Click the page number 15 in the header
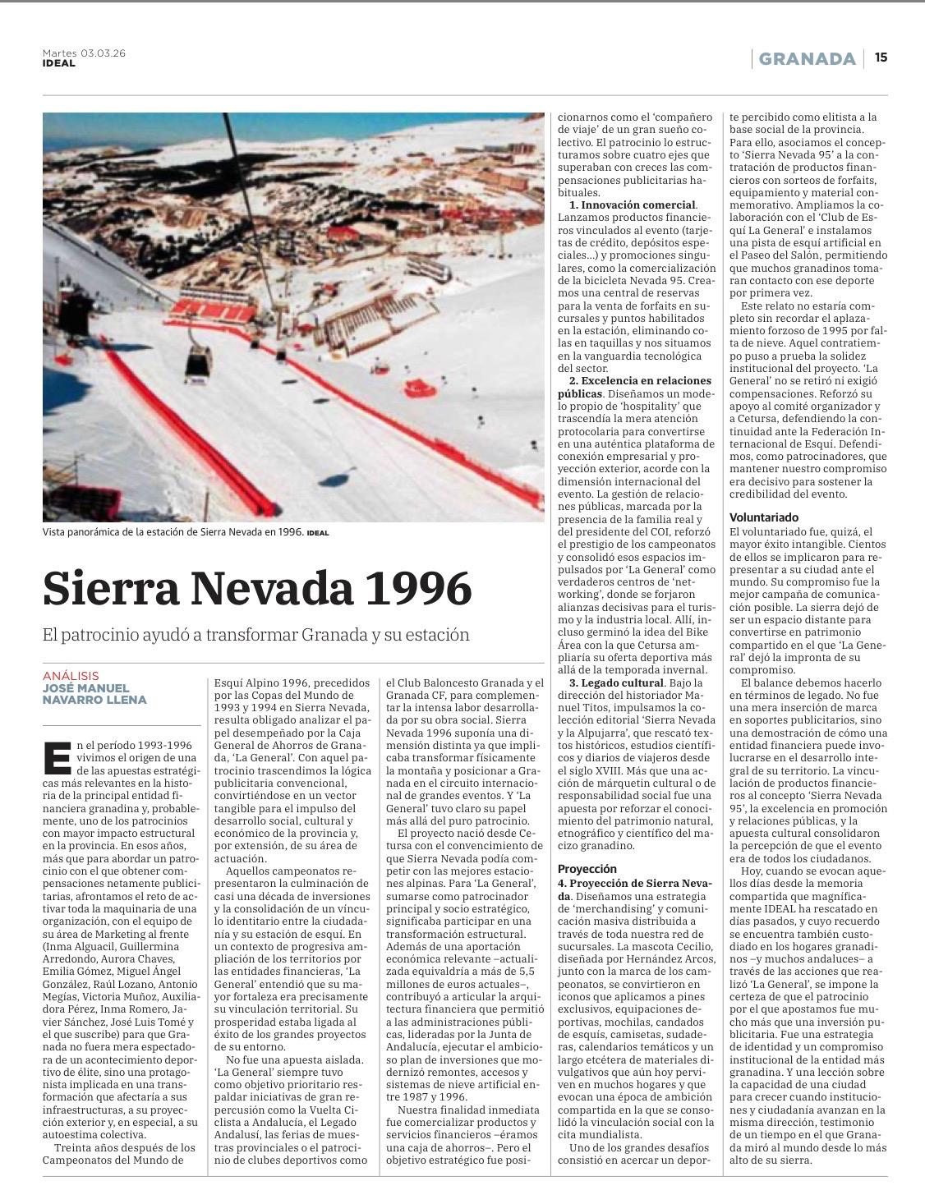(x=881, y=57)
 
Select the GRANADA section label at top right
(x=807, y=58)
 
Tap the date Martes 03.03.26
(x=84, y=53)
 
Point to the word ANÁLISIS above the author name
(x=71, y=675)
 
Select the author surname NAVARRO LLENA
(x=94, y=700)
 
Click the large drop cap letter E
(x=56, y=757)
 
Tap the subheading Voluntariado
(x=764, y=517)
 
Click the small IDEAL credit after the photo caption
(x=318, y=533)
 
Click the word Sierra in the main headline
(x=110, y=588)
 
